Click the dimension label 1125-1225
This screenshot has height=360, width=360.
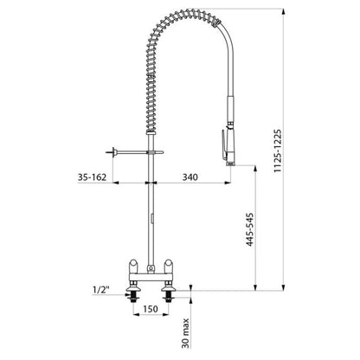(278, 151)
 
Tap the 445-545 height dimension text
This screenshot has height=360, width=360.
(249, 229)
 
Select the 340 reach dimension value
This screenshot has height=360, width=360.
(190, 177)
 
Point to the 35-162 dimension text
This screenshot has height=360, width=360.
(92, 177)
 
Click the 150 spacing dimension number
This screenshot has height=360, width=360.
(151, 309)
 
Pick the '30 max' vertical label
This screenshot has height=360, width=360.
(186, 333)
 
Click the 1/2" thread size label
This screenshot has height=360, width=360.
(101, 290)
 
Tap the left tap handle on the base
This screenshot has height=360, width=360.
(133, 266)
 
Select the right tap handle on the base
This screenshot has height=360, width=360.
(169, 266)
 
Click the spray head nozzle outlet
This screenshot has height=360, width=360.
(230, 164)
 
